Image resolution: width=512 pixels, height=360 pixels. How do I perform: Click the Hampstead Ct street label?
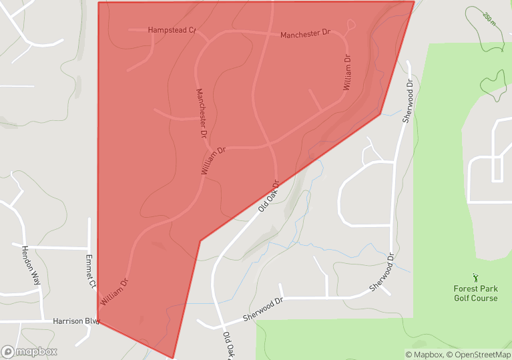[172, 30]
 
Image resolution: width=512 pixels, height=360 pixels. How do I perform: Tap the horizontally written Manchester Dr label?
[305, 33]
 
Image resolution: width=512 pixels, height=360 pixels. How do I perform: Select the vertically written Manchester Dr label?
[202, 113]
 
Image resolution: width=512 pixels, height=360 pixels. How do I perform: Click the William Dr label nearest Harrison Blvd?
[114, 292]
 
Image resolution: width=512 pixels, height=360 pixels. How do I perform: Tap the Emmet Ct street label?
[91, 271]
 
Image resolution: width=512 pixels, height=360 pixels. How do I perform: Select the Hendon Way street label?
[31, 265]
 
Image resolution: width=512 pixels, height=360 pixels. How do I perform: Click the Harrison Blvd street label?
[76, 321]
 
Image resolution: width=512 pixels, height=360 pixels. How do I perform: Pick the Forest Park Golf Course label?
[475, 293]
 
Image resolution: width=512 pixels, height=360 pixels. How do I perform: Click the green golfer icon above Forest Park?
[475, 277]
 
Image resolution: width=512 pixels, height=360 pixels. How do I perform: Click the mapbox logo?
[29, 351]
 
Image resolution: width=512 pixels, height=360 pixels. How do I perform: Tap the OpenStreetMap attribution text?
[479, 355]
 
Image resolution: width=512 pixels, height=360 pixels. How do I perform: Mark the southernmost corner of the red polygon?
[173, 358]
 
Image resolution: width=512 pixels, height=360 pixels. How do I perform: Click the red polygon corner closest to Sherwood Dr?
[380, 114]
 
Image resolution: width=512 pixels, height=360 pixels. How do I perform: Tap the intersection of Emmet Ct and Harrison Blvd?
[90, 321]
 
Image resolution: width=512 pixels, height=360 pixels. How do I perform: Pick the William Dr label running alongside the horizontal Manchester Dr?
[346, 73]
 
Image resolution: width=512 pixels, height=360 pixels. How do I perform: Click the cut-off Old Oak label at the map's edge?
[228, 346]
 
